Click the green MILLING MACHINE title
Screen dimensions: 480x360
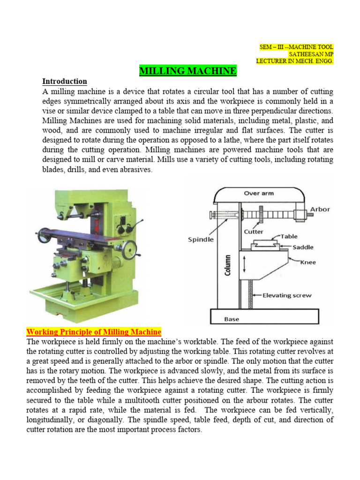[188, 71]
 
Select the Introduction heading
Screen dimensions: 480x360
[65, 81]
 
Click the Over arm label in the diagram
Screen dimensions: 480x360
[259, 193]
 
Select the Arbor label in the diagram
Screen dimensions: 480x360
[320, 209]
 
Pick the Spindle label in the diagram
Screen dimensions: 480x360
[201, 239]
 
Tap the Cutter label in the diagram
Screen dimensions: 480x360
[254, 232]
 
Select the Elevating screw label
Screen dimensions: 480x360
[286, 295]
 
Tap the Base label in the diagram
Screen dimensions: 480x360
[232, 319]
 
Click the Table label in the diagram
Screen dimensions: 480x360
[289, 237]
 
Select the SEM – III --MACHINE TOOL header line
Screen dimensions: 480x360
[296, 47]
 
